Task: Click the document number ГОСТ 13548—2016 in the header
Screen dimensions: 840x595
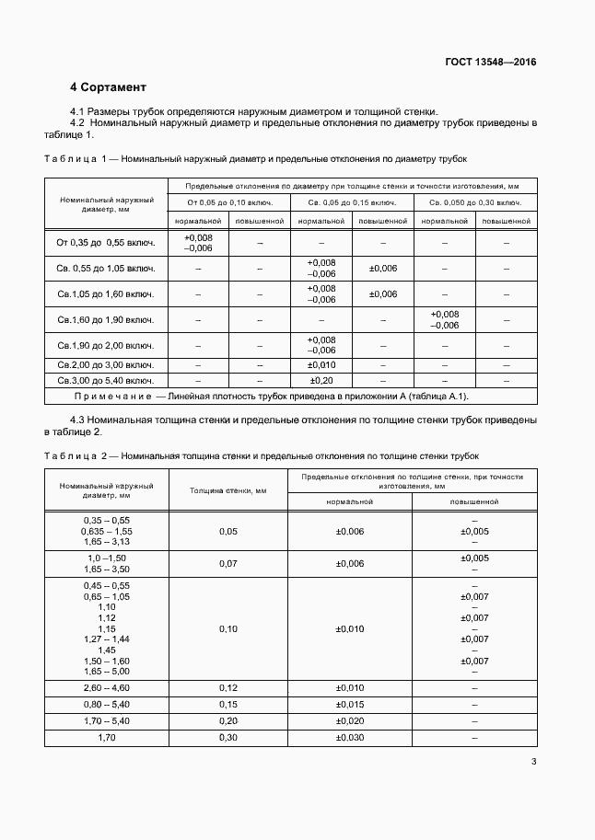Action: [x=491, y=63]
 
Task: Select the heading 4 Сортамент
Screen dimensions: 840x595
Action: [x=108, y=87]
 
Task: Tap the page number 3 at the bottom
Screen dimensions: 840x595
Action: [x=534, y=761]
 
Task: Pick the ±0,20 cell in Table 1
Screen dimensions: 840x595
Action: [x=320, y=379]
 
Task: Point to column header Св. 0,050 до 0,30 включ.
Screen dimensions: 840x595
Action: [x=475, y=201]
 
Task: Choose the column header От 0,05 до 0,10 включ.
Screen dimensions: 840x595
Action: [x=228, y=201]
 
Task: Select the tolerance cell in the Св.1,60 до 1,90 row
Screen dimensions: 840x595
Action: [x=444, y=319]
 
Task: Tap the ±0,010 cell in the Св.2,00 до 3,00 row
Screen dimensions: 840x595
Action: [x=320, y=365]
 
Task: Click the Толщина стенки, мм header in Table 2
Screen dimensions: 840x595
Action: [x=228, y=491]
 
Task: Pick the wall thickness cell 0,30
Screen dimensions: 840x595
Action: [x=228, y=738]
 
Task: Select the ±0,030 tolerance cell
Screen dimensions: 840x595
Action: [x=350, y=738]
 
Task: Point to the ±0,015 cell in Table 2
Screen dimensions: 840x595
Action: [x=350, y=705]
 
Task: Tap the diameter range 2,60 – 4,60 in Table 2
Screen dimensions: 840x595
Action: [x=106, y=688]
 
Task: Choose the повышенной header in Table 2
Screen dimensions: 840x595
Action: [x=474, y=502]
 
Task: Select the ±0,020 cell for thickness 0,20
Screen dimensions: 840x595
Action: [x=350, y=721]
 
